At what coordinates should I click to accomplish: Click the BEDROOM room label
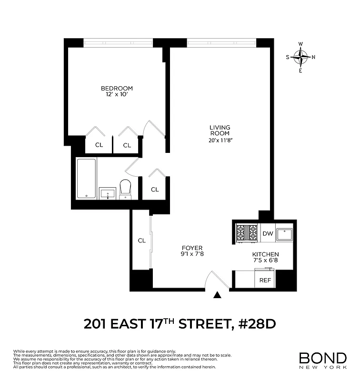(116, 88)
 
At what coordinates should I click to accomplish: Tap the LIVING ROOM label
(220, 130)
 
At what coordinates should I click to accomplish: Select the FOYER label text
(192, 248)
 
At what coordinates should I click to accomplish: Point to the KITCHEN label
(265, 254)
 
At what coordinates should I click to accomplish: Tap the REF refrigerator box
(265, 280)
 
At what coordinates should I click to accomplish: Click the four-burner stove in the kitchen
(247, 232)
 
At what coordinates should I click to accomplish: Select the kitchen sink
(286, 233)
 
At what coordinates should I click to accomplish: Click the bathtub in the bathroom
(86, 178)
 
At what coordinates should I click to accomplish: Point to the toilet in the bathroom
(126, 188)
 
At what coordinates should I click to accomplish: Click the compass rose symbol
(300, 57)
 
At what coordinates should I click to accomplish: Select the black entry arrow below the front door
(218, 295)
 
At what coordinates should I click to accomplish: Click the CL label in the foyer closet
(141, 241)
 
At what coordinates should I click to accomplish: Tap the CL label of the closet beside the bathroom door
(155, 190)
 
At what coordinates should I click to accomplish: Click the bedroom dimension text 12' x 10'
(116, 95)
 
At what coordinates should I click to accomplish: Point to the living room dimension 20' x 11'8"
(220, 140)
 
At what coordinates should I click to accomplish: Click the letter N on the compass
(313, 57)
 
